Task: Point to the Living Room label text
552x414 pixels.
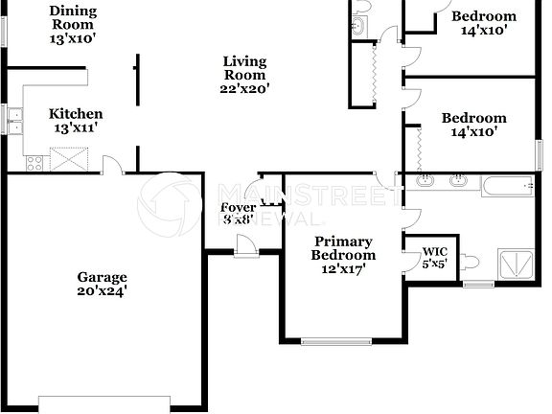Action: pyautogui.click(x=245, y=68)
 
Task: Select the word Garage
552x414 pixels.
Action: pyautogui.click(x=103, y=278)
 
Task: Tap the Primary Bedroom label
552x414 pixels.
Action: pyautogui.click(x=343, y=248)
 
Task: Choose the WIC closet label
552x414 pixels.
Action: pyautogui.click(x=435, y=252)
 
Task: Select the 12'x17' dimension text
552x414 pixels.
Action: pyautogui.click(x=343, y=269)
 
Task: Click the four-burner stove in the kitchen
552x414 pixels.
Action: pyautogui.click(x=34, y=160)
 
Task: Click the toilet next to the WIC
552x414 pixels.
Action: pyautogui.click(x=470, y=261)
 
